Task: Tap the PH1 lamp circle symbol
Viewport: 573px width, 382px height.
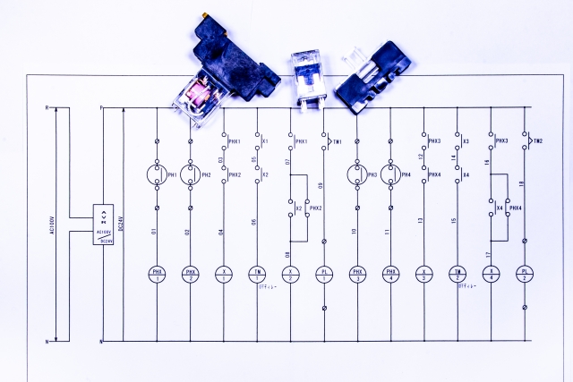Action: [x=157, y=174]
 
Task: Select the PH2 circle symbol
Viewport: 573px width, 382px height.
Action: [x=190, y=174]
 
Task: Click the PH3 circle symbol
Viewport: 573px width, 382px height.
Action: [x=357, y=174]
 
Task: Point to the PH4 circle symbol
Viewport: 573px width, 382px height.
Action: [x=390, y=174]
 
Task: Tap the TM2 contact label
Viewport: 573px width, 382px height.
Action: [x=538, y=141]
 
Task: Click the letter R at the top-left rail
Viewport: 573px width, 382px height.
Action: [x=47, y=108]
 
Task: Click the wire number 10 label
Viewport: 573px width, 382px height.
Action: [x=355, y=232]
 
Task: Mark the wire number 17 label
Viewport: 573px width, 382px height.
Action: [x=489, y=255]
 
